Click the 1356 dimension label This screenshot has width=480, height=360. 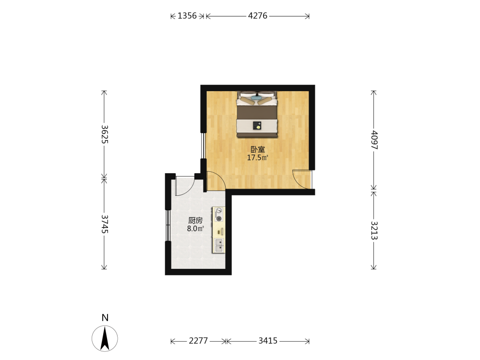pyautogui.click(x=187, y=16)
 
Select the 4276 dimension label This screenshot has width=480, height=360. pyautogui.click(x=258, y=16)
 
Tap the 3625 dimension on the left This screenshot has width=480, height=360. pyautogui.click(x=104, y=134)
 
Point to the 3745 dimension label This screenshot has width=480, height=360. pyautogui.click(x=104, y=224)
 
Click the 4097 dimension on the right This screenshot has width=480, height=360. pyautogui.click(x=374, y=140)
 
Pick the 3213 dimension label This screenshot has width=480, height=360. pyautogui.click(x=374, y=230)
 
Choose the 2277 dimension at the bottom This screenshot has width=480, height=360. pyautogui.click(x=198, y=341)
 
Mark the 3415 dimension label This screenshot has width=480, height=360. pyautogui.click(x=268, y=341)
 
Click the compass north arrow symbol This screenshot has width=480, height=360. pyautogui.click(x=105, y=338)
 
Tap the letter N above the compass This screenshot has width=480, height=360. pyautogui.click(x=105, y=318)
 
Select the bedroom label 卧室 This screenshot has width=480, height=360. pyautogui.click(x=258, y=149)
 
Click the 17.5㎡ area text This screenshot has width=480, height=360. pyautogui.click(x=258, y=158)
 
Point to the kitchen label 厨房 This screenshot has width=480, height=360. pyautogui.click(x=195, y=220)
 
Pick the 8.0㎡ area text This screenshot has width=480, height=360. pyautogui.click(x=195, y=228)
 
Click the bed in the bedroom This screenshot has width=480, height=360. pyautogui.click(x=257, y=114)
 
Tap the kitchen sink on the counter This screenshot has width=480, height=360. pyautogui.click(x=219, y=245)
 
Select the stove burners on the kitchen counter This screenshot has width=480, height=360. pyautogui.click(x=219, y=214)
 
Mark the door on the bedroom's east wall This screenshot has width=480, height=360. pyautogui.click(x=302, y=179)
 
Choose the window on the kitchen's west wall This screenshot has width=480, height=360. pyautogui.click(x=168, y=226)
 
